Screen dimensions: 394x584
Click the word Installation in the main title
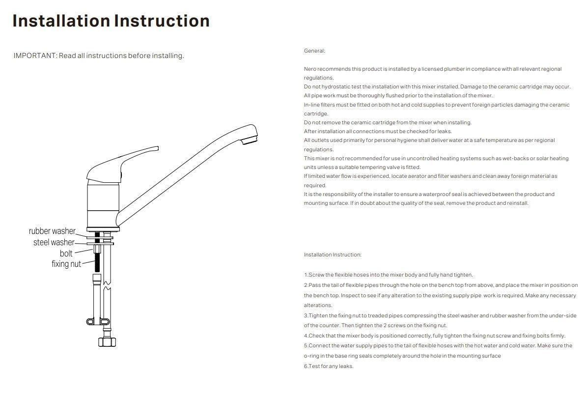coord(61,21)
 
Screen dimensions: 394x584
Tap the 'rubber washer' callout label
coord(52,231)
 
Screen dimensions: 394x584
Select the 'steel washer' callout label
coord(54,242)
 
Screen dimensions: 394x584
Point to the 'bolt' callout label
coord(66,253)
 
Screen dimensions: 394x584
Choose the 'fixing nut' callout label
coord(66,264)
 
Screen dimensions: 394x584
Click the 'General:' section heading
coord(314,51)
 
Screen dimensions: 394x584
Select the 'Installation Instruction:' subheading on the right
coord(333,255)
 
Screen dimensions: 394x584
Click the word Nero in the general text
coord(310,69)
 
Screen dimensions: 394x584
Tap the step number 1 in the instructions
coord(306,275)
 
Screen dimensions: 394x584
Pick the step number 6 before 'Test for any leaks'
coord(306,366)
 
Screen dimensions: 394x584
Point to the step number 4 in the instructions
coord(306,336)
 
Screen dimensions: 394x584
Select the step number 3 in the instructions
coord(306,316)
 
